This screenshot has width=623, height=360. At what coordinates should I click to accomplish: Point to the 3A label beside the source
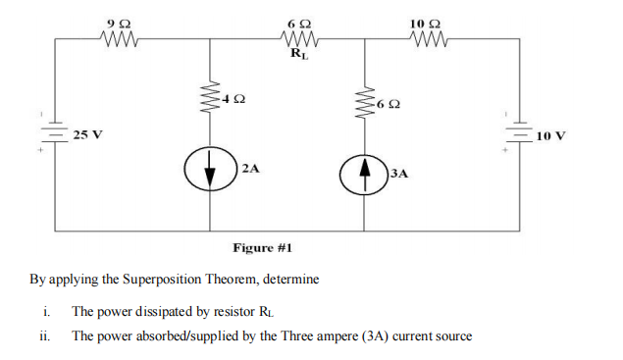tap(399, 174)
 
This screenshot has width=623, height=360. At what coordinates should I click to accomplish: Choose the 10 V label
tap(552, 134)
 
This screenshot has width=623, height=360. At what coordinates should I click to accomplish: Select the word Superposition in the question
tap(173, 280)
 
